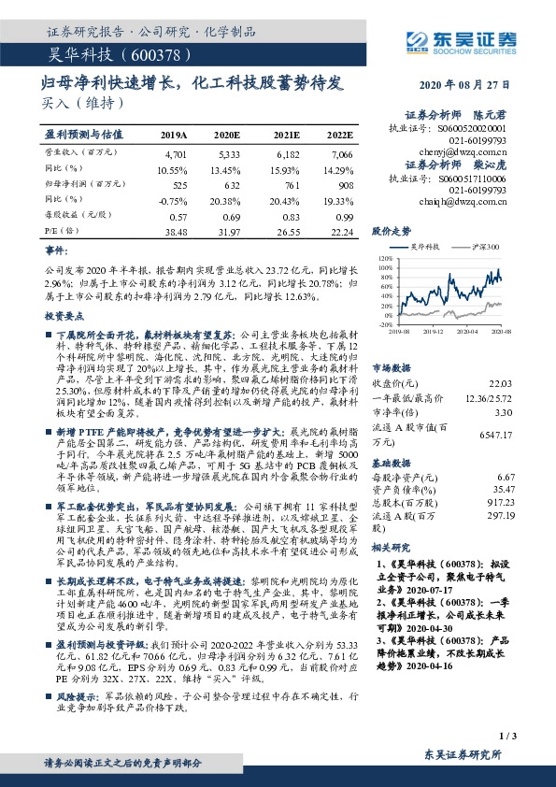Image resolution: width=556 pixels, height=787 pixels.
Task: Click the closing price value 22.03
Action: tap(500, 382)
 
